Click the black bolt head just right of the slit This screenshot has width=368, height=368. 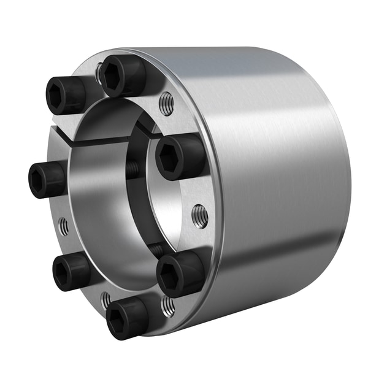tap(178, 157)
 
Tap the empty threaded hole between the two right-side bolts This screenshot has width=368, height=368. tap(199, 216)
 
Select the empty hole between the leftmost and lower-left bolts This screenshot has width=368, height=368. tap(64, 227)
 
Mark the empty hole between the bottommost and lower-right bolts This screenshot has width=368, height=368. tap(167, 305)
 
